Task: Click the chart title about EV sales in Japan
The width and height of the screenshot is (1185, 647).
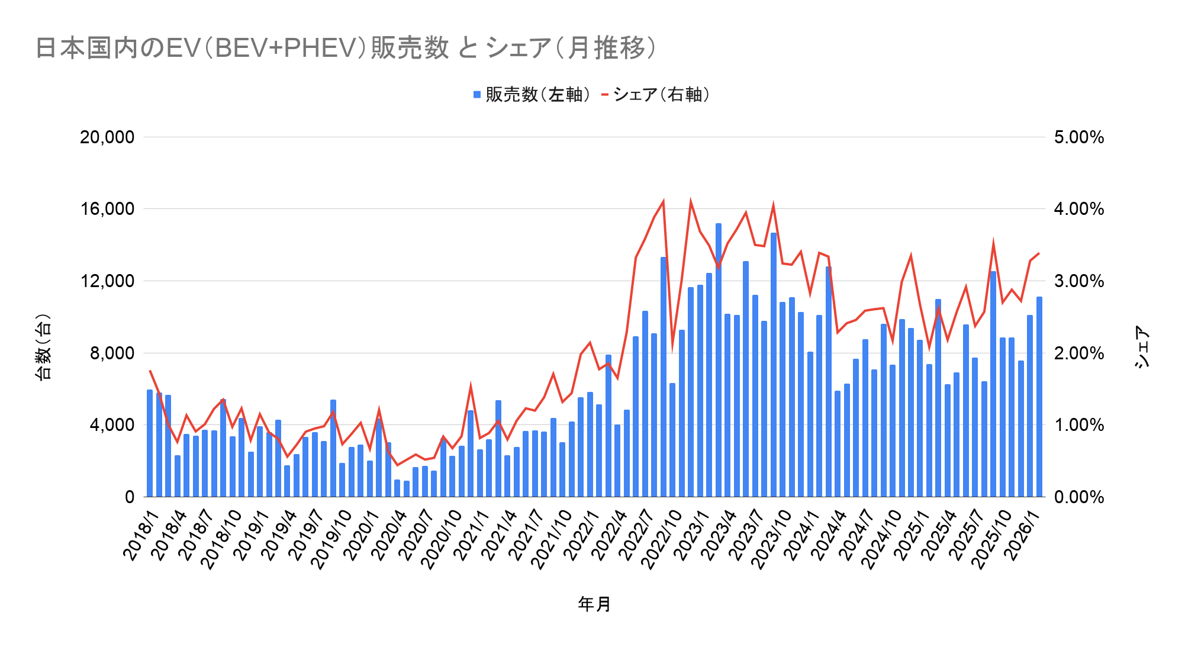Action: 346,48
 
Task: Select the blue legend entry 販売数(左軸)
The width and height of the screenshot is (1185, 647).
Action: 532,95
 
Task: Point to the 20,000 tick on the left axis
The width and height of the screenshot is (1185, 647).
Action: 107,137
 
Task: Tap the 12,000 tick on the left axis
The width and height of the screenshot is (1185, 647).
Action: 107,281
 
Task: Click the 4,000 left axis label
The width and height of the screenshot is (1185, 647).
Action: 112,425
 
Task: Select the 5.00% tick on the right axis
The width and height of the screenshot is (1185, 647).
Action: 1079,137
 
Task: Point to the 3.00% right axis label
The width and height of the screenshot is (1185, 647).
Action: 1079,281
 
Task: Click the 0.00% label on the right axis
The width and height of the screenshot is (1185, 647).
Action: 1079,497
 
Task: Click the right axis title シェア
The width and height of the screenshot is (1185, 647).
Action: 1142,347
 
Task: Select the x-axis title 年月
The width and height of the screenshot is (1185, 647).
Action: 594,604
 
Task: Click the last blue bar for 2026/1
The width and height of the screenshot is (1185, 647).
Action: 1039,397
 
